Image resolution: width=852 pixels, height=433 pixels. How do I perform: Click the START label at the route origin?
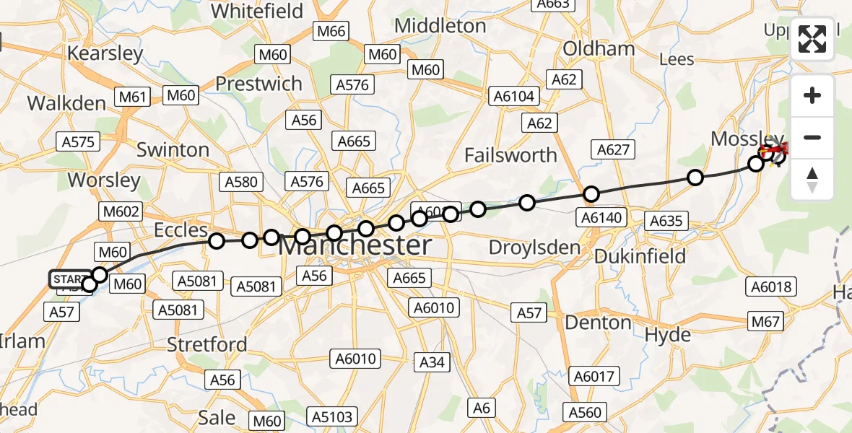click(x=70, y=279)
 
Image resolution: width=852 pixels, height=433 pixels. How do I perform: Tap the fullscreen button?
click(x=812, y=38)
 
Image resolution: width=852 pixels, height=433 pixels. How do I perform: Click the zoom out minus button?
click(x=812, y=137)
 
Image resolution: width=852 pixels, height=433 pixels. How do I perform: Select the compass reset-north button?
click(x=812, y=179)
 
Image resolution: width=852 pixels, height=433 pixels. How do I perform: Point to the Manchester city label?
click(x=355, y=245)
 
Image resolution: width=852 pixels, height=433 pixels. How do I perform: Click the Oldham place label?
click(x=599, y=48)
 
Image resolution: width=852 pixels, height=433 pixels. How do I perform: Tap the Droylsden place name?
click(x=534, y=248)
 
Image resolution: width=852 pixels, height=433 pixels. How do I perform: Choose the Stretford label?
click(x=207, y=344)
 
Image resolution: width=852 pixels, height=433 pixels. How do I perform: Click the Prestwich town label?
click(x=258, y=84)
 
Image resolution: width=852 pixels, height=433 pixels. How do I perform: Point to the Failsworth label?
click(x=510, y=155)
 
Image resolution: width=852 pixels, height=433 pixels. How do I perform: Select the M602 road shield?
click(x=122, y=212)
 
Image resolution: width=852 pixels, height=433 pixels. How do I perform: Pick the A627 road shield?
click(x=614, y=150)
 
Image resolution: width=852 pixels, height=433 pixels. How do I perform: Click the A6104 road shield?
click(x=514, y=96)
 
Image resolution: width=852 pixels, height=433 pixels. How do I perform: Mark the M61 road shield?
click(x=132, y=96)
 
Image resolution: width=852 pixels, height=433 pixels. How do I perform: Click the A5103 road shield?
click(x=332, y=416)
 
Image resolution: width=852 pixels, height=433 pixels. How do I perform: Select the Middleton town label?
click(x=440, y=26)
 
